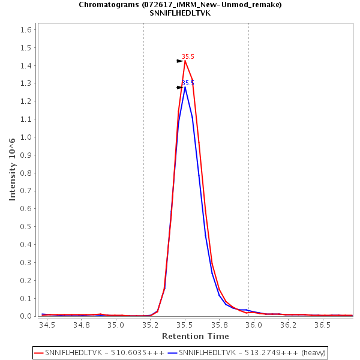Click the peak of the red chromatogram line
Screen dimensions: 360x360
(185, 61)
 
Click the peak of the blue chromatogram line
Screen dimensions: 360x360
(185, 88)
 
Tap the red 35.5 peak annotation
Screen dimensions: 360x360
(188, 56)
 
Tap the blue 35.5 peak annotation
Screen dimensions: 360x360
(188, 83)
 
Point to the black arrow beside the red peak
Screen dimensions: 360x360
(179, 61)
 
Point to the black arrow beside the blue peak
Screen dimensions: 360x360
(179, 88)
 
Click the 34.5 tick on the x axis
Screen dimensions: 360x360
(47, 325)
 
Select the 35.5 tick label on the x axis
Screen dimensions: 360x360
(185, 325)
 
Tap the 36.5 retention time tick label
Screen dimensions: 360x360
(323, 325)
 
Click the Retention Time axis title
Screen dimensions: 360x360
(196, 336)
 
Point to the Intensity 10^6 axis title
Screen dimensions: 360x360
(12, 169)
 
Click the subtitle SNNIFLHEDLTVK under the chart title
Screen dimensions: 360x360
(180, 13)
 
